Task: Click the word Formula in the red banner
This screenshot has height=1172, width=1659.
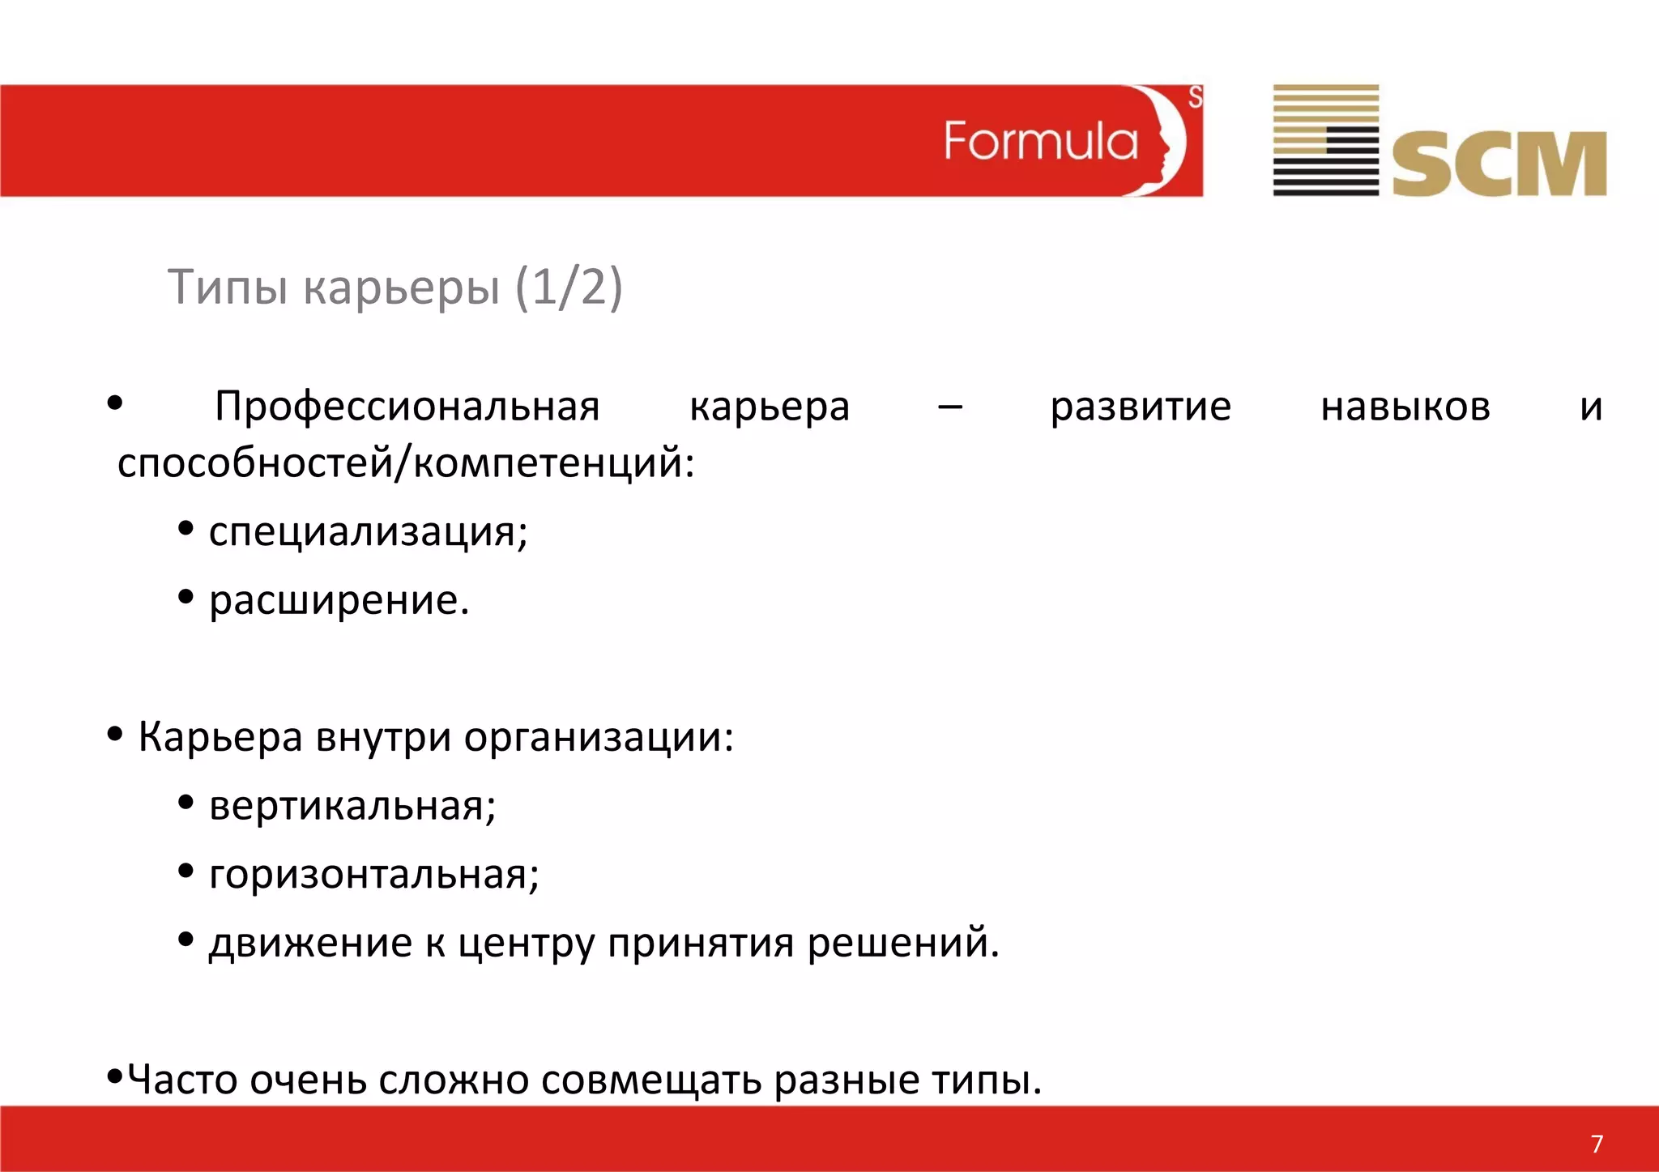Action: tap(1041, 142)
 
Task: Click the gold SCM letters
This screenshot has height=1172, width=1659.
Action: tap(1499, 164)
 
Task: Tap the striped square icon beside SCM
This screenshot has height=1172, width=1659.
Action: tap(1325, 140)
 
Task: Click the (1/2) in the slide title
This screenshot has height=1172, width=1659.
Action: tap(569, 287)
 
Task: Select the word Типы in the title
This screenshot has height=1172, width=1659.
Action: tap(228, 287)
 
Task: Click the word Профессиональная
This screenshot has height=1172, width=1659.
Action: tap(407, 407)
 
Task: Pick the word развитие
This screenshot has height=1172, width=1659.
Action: tap(1141, 407)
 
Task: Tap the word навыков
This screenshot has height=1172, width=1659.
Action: tap(1405, 407)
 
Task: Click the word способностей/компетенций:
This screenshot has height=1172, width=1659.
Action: tap(406, 464)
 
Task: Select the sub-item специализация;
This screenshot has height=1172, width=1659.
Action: tap(369, 532)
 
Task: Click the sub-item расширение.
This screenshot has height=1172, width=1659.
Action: tap(339, 601)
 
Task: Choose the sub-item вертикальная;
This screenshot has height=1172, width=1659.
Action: tap(352, 806)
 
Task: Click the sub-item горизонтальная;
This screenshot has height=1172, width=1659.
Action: tap(374, 875)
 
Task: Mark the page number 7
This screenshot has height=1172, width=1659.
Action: tap(1597, 1144)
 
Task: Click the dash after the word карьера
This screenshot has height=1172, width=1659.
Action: tap(949, 407)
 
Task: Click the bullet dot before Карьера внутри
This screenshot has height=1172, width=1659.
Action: tap(115, 734)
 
